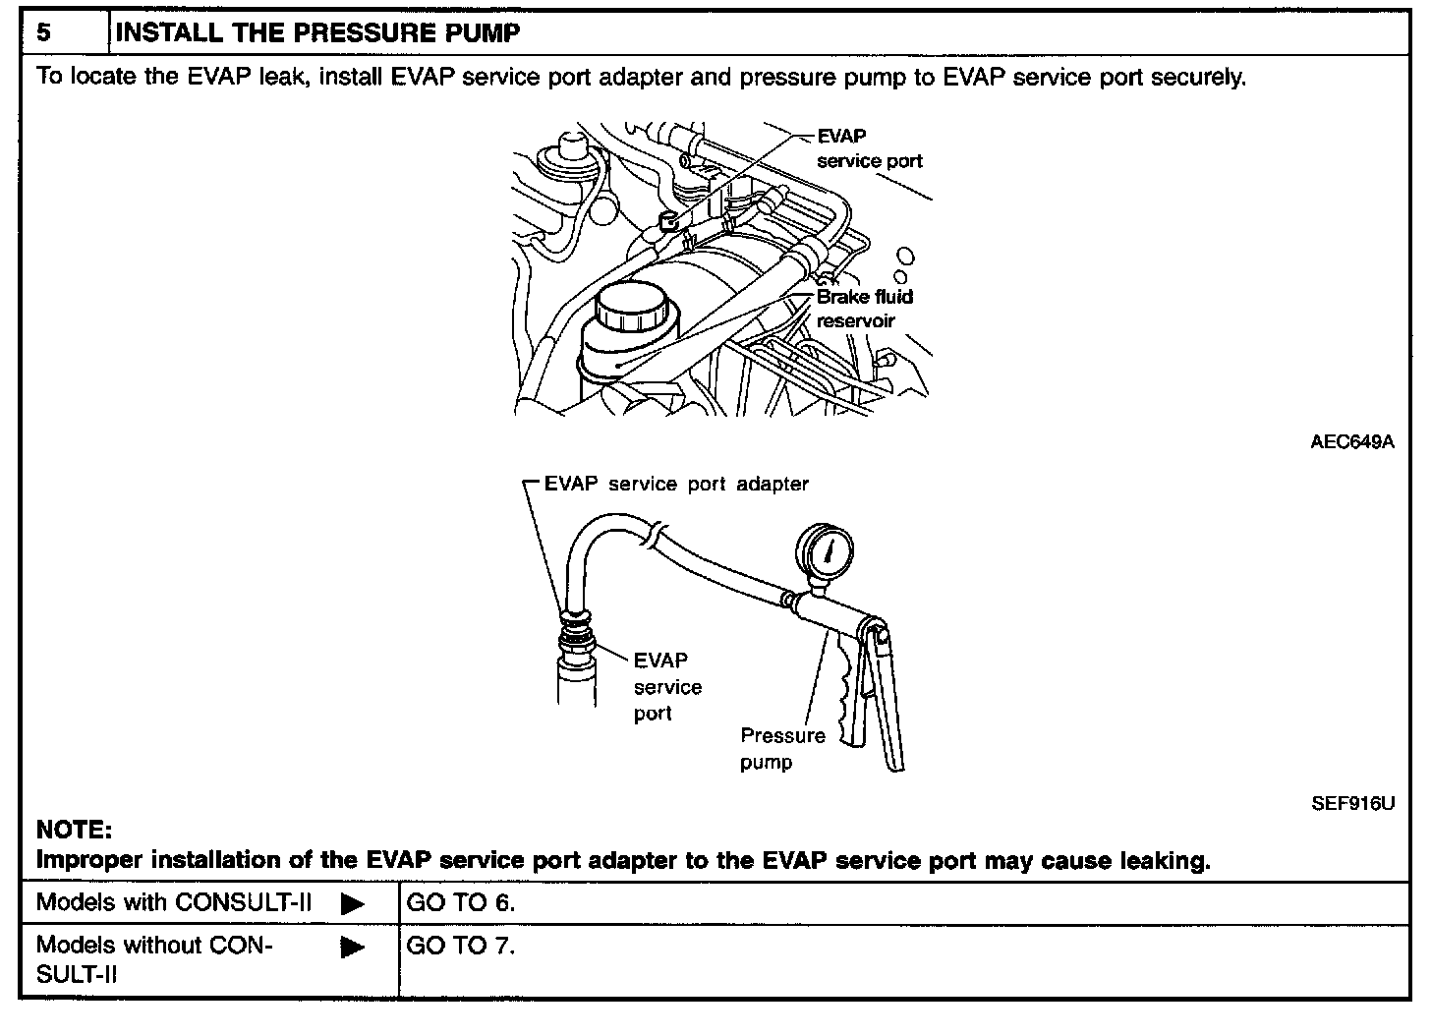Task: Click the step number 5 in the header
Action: [43, 32]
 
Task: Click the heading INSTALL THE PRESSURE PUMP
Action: [317, 32]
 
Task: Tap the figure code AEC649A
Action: [1351, 441]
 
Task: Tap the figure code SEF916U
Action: [1352, 804]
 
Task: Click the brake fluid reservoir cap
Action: [633, 308]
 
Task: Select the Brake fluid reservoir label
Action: [863, 309]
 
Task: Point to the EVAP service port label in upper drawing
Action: [869, 148]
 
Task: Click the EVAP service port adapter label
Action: [676, 484]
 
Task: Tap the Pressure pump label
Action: [782, 748]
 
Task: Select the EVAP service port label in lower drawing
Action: [666, 686]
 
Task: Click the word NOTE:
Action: [74, 831]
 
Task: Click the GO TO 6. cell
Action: [460, 902]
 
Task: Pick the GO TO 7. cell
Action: [460, 946]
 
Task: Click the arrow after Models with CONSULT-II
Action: [353, 904]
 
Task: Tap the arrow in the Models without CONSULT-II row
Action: [353, 949]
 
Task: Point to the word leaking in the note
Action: [1165, 861]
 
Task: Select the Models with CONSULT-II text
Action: [174, 902]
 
